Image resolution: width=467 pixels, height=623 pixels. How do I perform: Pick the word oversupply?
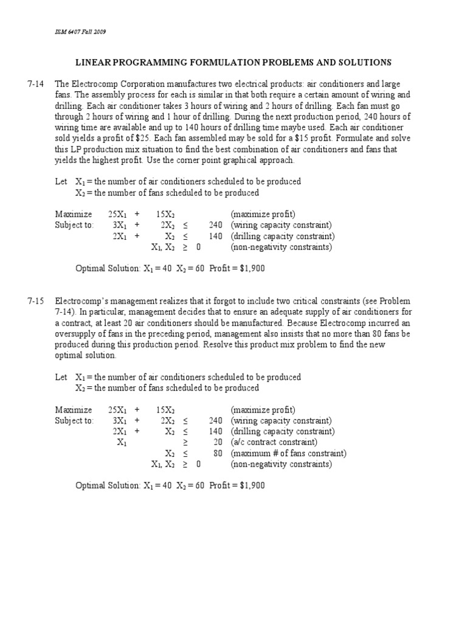pyautogui.click(x=75, y=334)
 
